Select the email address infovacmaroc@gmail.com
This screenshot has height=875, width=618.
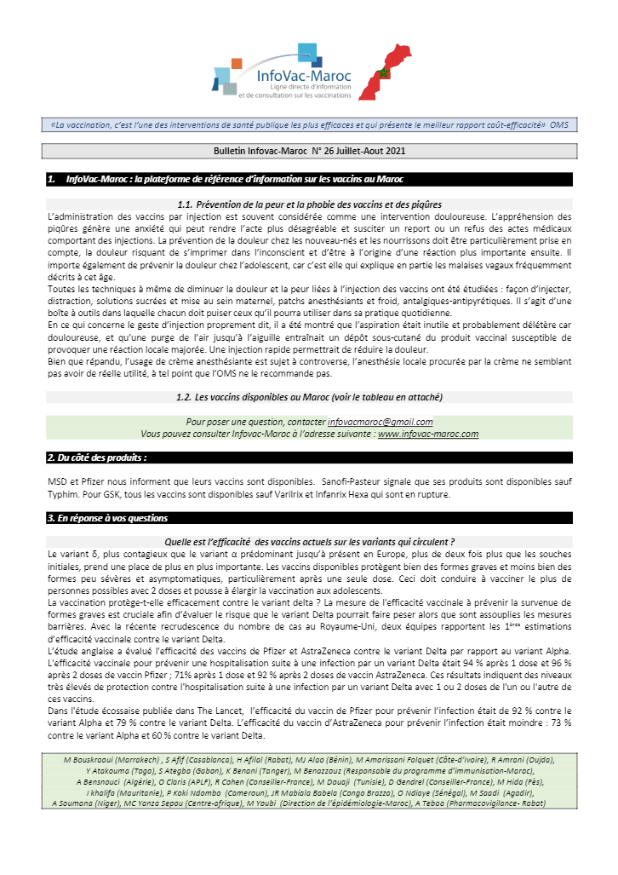[x=380, y=422]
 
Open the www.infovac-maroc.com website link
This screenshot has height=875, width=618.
[x=428, y=434]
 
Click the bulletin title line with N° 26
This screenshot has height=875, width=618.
[x=309, y=151]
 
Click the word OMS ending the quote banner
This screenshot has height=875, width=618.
[x=559, y=124]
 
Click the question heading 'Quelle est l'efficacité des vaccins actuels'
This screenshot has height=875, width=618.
[x=309, y=542]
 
